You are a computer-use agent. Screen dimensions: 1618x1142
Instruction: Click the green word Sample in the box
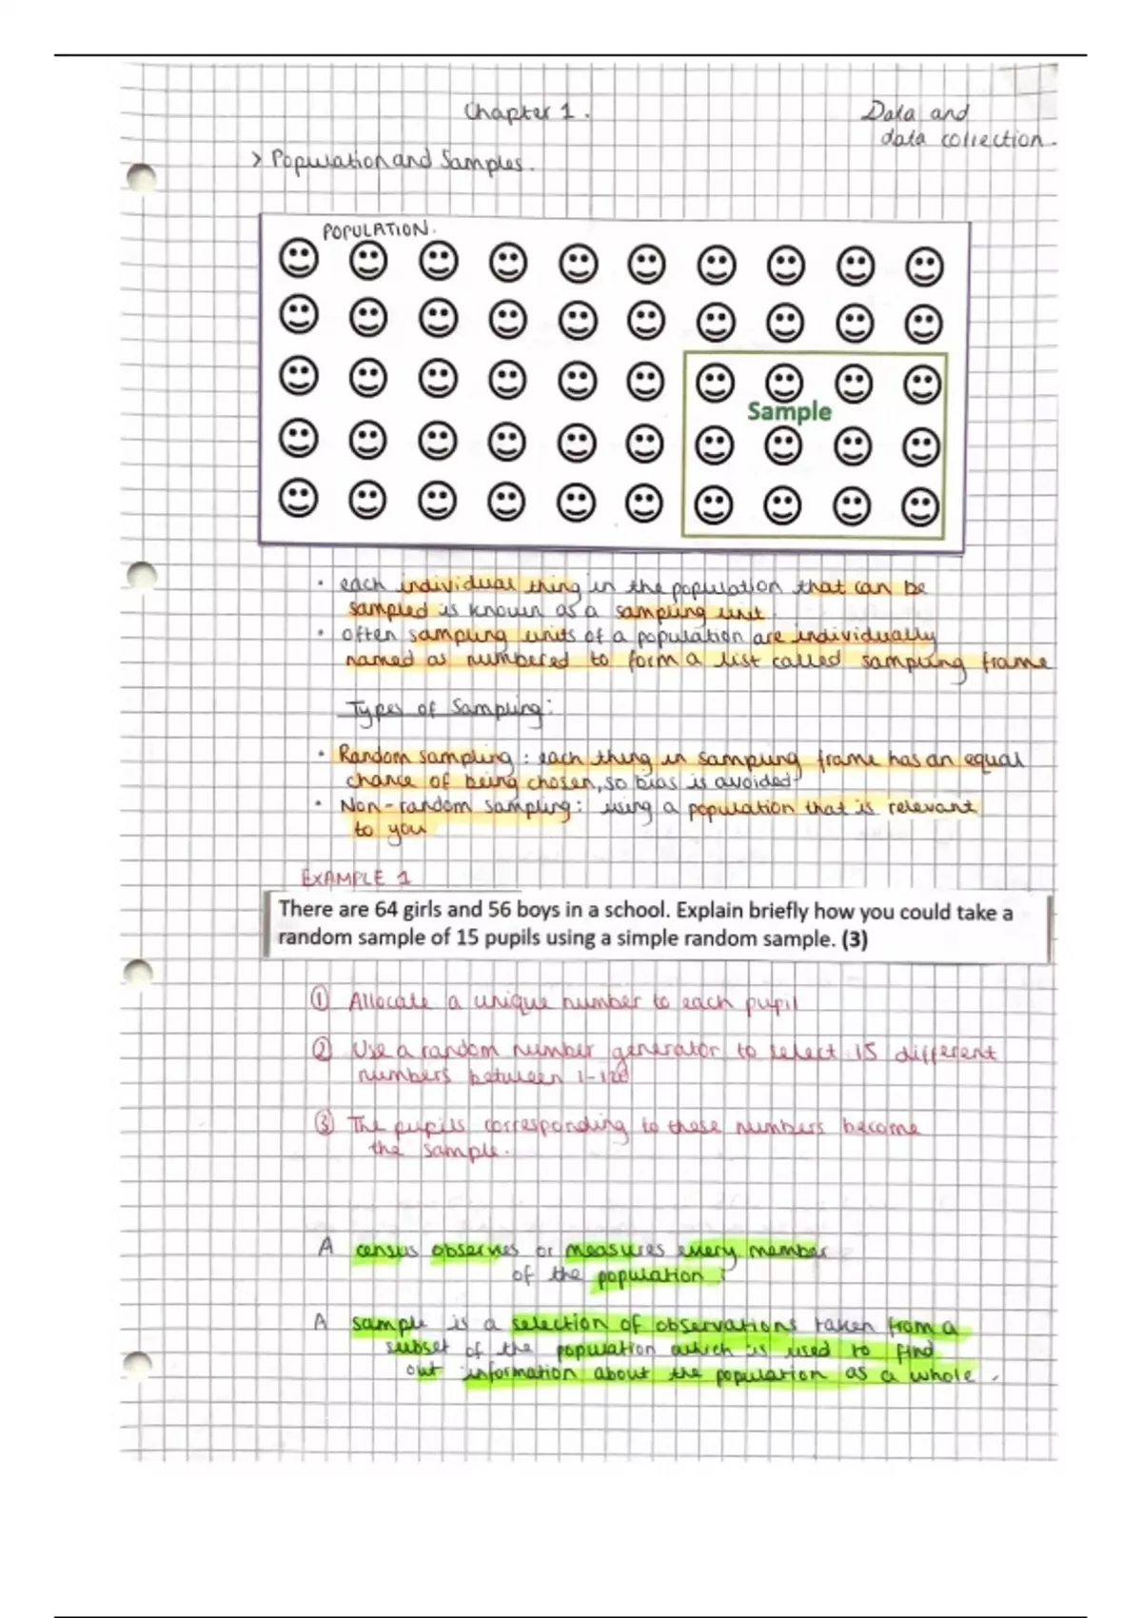[x=789, y=411]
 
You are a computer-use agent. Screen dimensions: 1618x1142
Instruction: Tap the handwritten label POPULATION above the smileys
[x=376, y=230]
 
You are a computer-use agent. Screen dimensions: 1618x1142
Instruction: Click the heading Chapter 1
[x=526, y=112]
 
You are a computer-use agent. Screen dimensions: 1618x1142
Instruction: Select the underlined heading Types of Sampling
[x=443, y=710]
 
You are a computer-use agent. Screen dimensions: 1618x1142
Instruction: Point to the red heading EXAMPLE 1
[x=355, y=878]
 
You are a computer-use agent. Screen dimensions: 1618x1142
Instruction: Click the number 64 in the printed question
[x=385, y=909]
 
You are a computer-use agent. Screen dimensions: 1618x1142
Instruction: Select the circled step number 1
[x=321, y=1000]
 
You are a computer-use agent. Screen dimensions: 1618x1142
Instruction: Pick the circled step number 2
[x=322, y=1050]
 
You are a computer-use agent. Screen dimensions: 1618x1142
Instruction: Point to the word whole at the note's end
[x=941, y=1375]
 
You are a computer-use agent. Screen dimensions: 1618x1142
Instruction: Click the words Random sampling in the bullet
[x=424, y=758]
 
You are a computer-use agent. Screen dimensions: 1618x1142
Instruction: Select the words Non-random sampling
[x=455, y=807]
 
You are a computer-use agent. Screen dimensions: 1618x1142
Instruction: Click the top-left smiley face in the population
[x=298, y=258]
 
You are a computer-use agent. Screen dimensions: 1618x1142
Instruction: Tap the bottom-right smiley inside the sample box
[x=920, y=506]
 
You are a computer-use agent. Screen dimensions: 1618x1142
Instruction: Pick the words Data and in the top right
[x=915, y=113]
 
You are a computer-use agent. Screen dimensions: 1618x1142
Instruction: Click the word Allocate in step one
[x=389, y=1002]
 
